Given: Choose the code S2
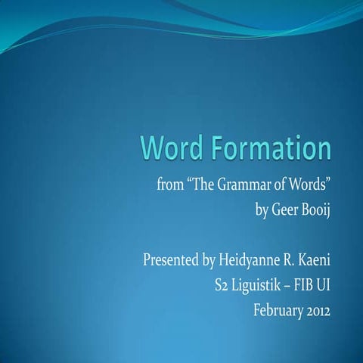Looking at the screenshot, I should click(224, 287).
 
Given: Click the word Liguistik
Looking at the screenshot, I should click(262, 287).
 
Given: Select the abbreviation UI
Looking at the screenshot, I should click(331, 287).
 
